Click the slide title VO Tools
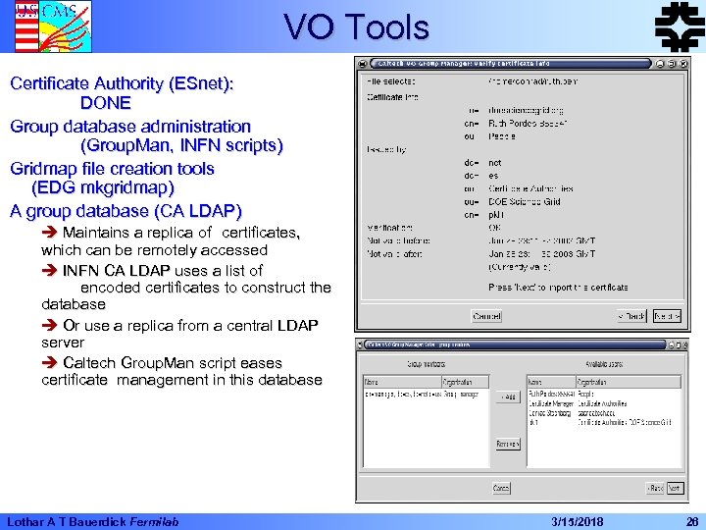point(356,26)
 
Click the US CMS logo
point(39,26)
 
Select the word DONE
point(106,103)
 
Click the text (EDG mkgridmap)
point(103,187)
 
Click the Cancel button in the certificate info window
point(486,316)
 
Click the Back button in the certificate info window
point(631,316)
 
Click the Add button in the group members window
point(507,397)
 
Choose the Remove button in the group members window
point(507,444)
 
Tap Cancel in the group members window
point(501,488)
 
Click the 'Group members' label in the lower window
point(425,363)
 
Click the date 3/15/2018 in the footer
point(578,520)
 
